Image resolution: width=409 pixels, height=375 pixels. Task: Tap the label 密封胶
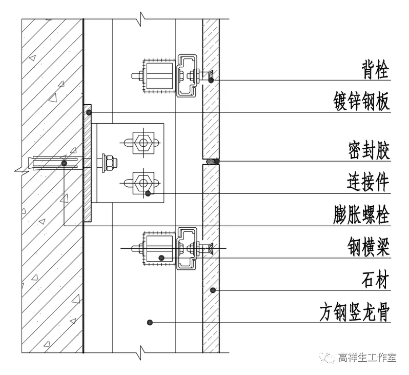point(368,151)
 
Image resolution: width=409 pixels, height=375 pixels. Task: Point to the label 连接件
point(368,182)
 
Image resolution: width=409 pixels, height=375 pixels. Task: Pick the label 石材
point(375,281)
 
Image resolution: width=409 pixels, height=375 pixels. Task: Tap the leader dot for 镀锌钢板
point(89,112)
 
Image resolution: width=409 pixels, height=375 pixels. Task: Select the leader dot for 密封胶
point(217,162)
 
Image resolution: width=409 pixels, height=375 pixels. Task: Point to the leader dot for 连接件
point(148,193)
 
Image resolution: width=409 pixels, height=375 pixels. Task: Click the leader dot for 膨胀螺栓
point(64,163)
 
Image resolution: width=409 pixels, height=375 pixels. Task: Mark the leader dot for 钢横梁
point(161,258)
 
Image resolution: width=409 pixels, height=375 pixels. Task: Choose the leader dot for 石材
point(212,290)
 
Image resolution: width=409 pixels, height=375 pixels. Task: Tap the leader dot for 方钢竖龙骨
point(150,322)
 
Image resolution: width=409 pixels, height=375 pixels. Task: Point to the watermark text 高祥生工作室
point(367,358)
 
